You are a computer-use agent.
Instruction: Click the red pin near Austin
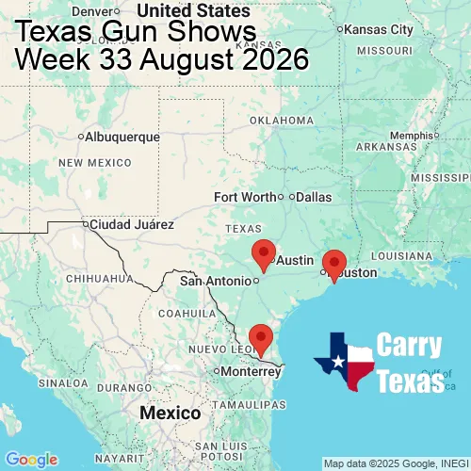click(265, 252)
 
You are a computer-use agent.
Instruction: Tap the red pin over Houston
click(334, 264)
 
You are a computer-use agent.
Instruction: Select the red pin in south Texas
click(260, 336)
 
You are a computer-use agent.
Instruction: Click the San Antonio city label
click(217, 281)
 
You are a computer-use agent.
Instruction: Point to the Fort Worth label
click(245, 197)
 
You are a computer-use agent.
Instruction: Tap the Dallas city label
click(314, 197)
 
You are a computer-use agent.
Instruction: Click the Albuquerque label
click(122, 137)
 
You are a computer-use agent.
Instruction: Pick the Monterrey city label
click(251, 371)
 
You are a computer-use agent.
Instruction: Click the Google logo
click(31, 459)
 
